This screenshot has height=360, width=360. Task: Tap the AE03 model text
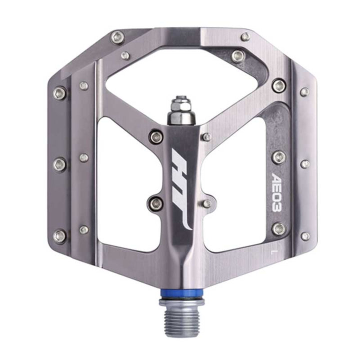point(276,192)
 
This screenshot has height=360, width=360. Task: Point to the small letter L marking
point(273,251)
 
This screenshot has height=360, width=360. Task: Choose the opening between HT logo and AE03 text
point(234,183)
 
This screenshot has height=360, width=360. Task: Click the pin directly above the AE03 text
point(279,157)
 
